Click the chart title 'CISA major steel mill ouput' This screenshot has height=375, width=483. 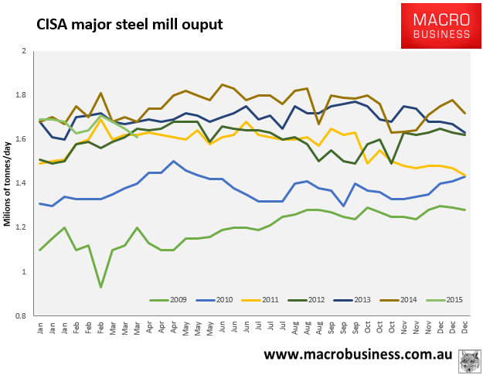click(x=130, y=25)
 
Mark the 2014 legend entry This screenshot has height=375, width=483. click(x=408, y=298)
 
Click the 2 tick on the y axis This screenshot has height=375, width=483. click(x=24, y=51)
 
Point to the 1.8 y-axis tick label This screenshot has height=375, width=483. click(x=21, y=95)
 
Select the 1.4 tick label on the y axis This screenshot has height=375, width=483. click(x=21, y=183)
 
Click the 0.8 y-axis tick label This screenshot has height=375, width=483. click(x=21, y=315)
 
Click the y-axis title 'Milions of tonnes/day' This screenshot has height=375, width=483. click(x=9, y=183)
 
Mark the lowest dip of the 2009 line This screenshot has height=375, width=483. click(x=100, y=288)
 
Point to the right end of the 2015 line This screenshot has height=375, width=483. click(x=137, y=137)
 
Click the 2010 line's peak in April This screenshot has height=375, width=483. click(x=173, y=162)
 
